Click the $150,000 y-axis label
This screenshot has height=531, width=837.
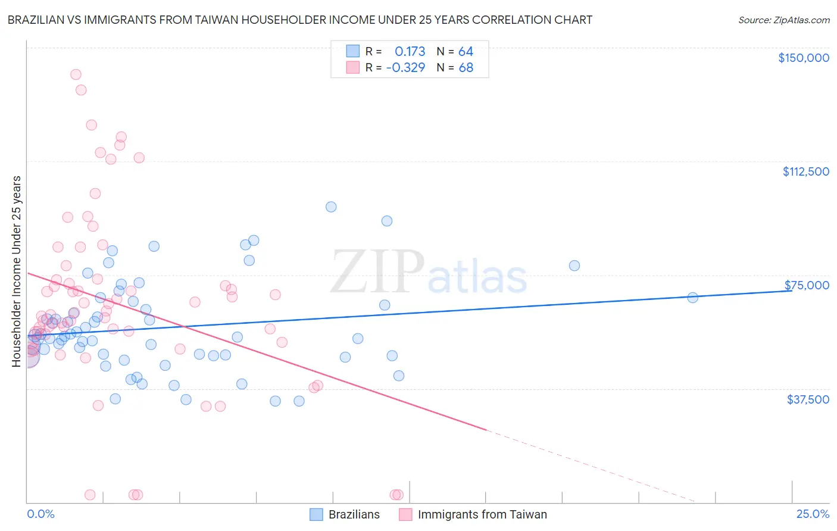tap(803, 58)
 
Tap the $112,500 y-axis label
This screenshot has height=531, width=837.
tap(805, 171)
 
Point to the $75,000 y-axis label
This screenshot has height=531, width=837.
tap(807, 285)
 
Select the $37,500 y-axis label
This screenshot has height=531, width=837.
tap(808, 399)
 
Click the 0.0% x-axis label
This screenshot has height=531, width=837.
tap(40, 514)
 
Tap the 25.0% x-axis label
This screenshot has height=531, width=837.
tap(813, 514)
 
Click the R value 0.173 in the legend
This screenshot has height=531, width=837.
tap(410, 51)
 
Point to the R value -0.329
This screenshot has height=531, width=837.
tap(405, 67)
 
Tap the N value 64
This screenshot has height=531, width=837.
tap(466, 51)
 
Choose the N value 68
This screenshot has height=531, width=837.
tap(466, 67)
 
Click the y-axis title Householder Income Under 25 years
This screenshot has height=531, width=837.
tap(16, 271)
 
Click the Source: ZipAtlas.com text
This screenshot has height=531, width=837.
tap(783, 20)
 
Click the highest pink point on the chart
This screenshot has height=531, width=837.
tap(76, 74)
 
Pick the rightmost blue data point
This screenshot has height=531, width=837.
tap(692, 298)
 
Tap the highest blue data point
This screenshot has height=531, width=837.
tap(331, 207)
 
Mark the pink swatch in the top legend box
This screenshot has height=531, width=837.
tap(353, 67)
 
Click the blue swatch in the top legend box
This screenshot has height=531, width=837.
tap(353, 51)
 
